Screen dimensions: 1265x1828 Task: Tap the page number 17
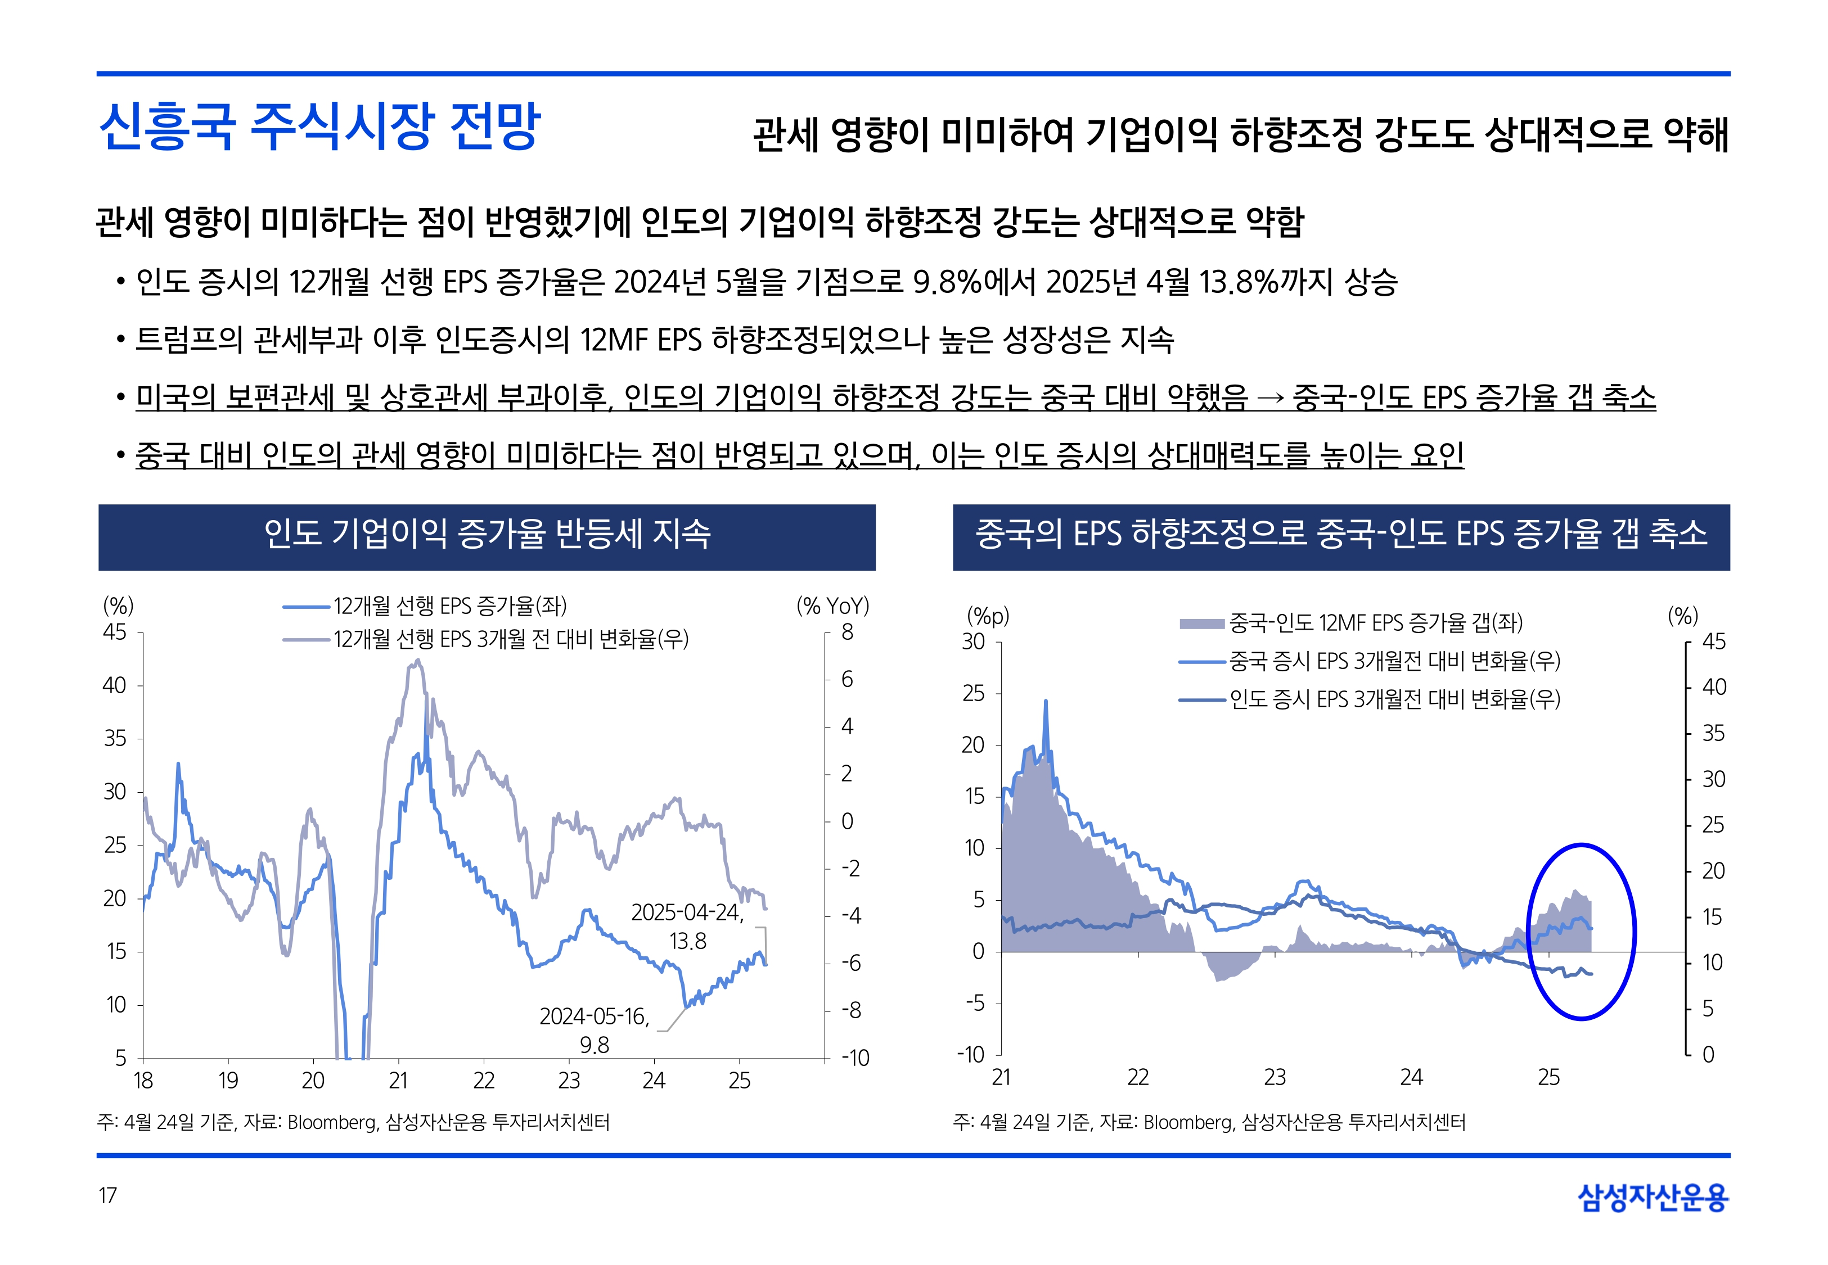108,1195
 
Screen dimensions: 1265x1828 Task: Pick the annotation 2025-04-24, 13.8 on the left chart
687,927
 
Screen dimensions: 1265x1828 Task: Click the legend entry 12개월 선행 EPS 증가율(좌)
449,606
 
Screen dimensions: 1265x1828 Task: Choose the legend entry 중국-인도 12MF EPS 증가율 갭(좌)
1375,623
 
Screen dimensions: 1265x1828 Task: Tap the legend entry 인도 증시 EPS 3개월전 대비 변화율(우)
1394,699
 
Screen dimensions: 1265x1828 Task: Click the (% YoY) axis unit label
832,606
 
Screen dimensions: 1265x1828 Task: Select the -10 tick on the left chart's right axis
856,1058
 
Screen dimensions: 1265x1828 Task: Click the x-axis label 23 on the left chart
569,1081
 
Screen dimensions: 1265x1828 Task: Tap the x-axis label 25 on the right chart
1548,1077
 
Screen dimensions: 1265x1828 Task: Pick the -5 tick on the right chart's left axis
974,1004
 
